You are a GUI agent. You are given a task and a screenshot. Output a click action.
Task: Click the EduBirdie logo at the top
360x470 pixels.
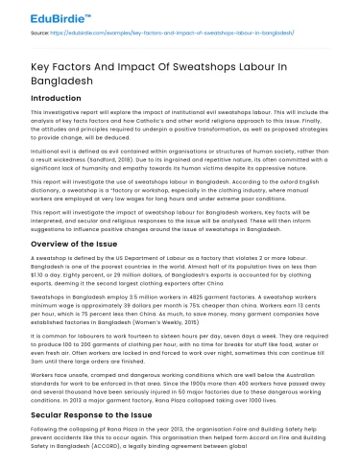click(47, 13)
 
